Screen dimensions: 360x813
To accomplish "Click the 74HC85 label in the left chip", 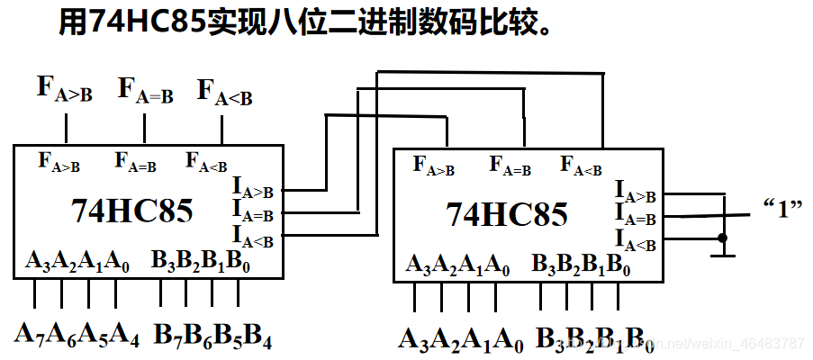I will [131, 211].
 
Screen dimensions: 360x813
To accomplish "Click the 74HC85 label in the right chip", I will [507, 215].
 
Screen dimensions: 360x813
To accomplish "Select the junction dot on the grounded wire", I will [722, 238].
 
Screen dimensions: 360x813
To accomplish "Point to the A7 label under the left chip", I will [31, 334].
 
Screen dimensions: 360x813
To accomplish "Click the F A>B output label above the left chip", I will [64, 89].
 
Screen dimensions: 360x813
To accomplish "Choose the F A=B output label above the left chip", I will [145, 91].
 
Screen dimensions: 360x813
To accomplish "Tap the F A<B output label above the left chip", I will [224, 93].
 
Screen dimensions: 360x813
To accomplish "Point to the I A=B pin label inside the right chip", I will [636, 216].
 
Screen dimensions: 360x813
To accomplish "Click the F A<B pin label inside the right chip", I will [581, 166].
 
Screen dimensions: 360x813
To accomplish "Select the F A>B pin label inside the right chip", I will [434, 166].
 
